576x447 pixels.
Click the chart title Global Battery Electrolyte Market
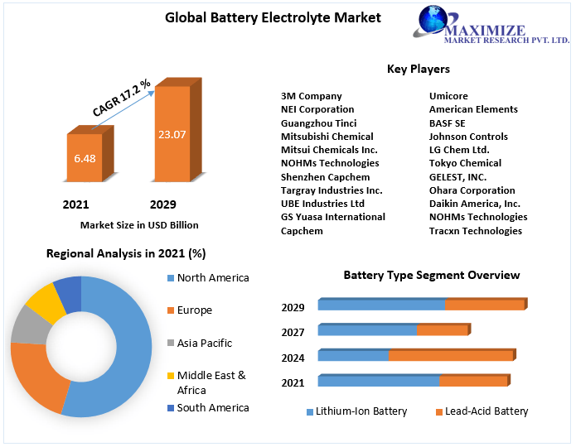click(261, 17)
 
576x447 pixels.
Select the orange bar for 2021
click(84, 158)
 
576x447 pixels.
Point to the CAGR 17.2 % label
click(121, 99)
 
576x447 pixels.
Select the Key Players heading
click(418, 69)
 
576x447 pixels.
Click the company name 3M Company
click(311, 96)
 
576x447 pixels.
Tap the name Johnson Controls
click(468, 137)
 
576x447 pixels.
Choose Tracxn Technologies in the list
click(475, 231)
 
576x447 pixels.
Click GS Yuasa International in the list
click(332, 217)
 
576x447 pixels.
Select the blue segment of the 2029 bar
click(381, 305)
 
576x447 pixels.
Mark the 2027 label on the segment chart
click(293, 333)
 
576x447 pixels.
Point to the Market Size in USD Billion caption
click(139, 225)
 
